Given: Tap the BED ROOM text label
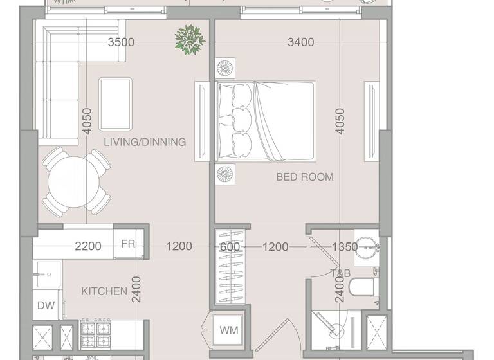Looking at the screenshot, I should pyautogui.click(x=304, y=177).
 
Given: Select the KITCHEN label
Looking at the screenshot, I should pyautogui.click(x=104, y=291).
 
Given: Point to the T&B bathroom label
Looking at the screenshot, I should pyautogui.click(x=340, y=274).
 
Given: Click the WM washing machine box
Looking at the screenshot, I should pyautogui.click(x=229, y=330).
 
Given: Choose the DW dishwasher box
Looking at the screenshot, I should pyautogui.click(x=45, y=305).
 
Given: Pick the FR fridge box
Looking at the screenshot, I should pyautogui.click(x=128, y=244).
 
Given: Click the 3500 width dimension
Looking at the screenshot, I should pyautogui.click(x=121, y=42).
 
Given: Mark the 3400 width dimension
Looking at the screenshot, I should pyautogui.click(x=300, y=42).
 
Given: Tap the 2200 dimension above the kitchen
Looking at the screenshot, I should pyautogui.click(x=88, y=246).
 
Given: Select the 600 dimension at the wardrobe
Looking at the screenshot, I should pyautogui.click(x=230, y=247).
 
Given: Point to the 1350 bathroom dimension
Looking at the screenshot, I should pyautogui.click(x=344, y=247).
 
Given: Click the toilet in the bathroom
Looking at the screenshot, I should pyautogui.click(x=365, y=289).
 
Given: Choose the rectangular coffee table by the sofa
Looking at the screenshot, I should pyautogui.click(x=116, y=103).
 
